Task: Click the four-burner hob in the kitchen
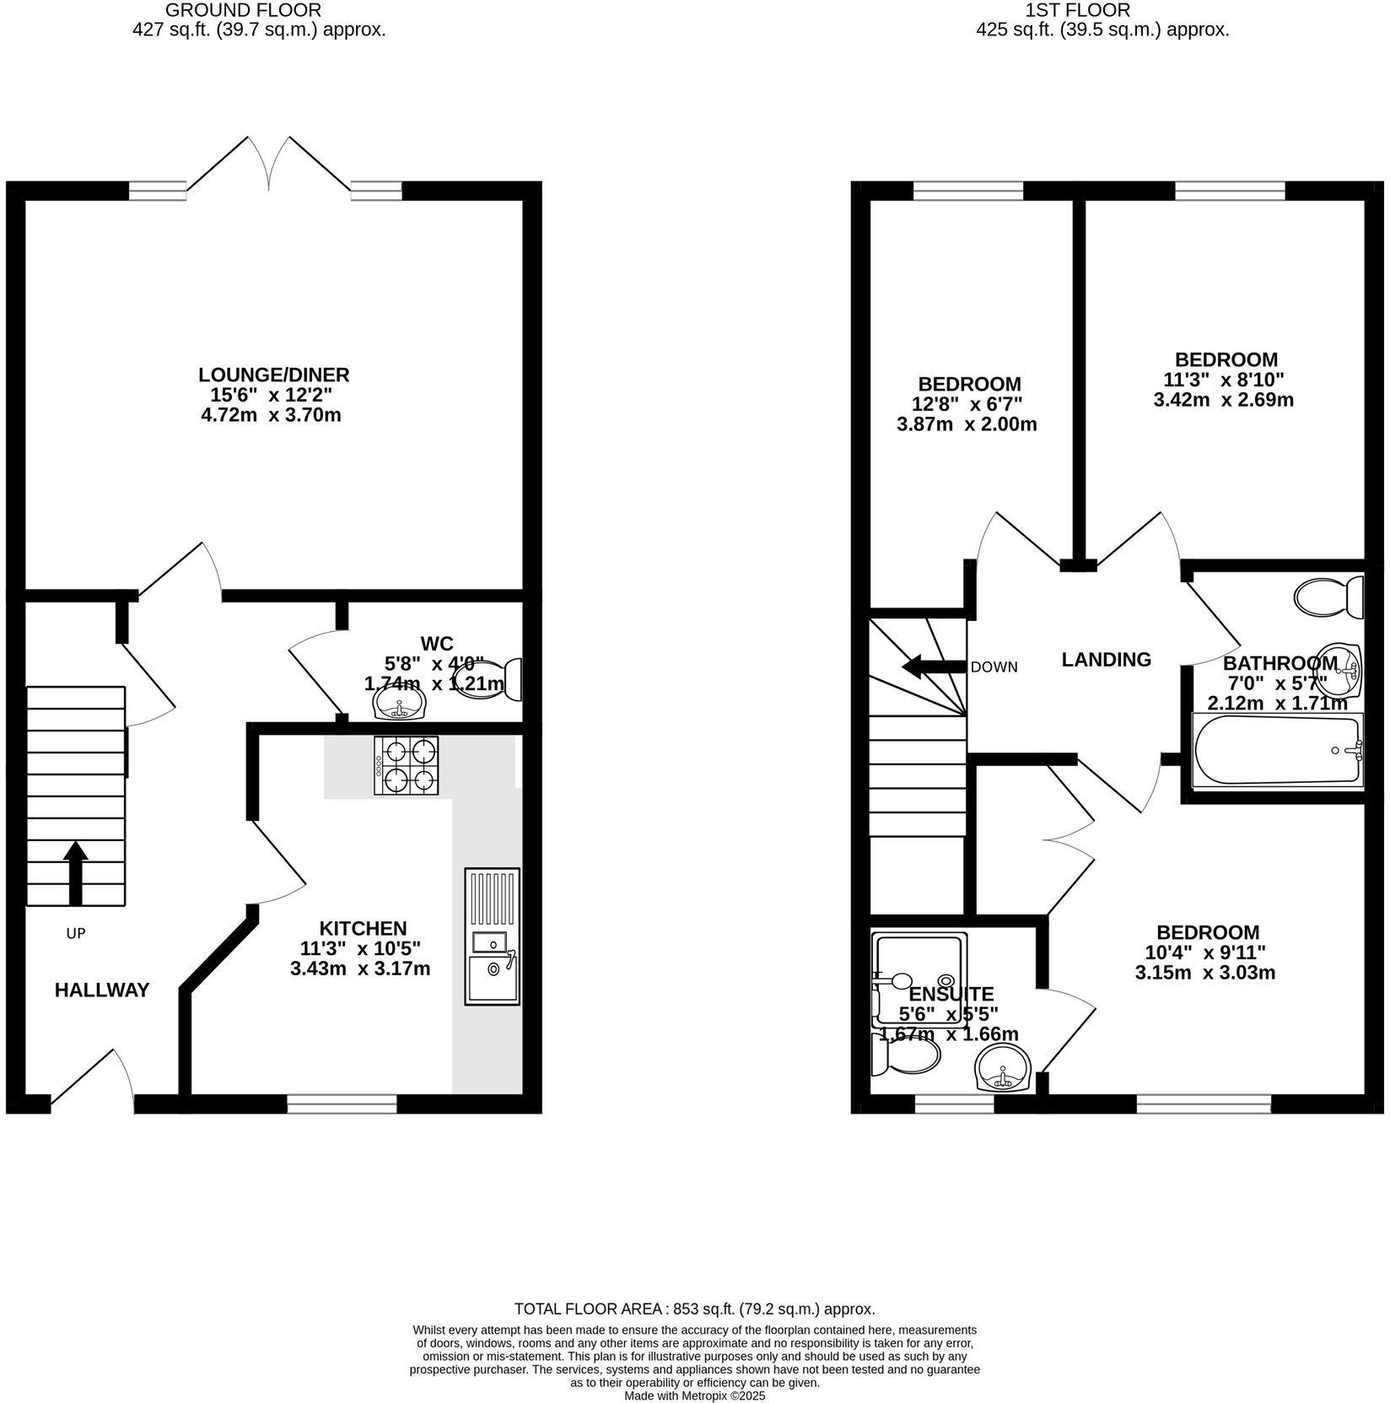pos(407,765)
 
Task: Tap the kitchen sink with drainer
pos(492,936)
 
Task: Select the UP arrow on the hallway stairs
pos(75,871)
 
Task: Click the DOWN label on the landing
pos(994,667)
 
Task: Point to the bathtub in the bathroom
pos(1277,750)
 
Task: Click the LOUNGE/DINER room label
pos(273,375)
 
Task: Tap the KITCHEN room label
pos(363,928)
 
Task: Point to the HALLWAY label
pos(102,990)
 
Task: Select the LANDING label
pos(1106,660)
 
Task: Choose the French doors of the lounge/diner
pos(269,165)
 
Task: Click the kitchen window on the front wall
pos(342,1104)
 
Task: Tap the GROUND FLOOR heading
pos(243,10)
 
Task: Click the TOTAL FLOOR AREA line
pos(694,1309)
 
